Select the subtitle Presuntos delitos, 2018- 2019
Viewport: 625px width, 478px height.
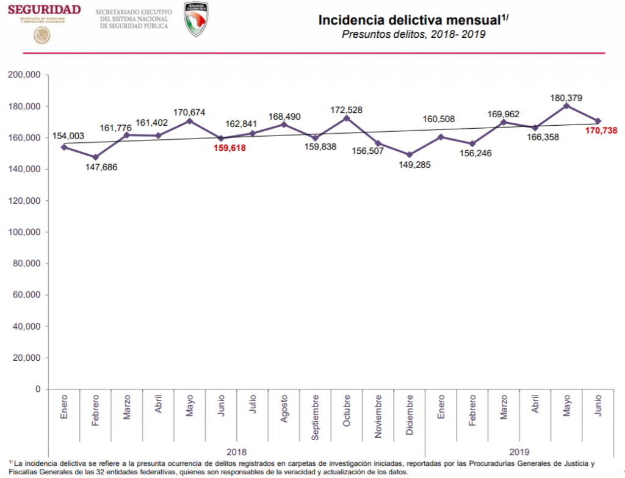click(413, 35)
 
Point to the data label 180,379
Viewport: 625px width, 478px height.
click(566, 97)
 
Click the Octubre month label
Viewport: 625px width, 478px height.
click(347, 413)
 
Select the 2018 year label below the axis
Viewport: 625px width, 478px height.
click(236, 452)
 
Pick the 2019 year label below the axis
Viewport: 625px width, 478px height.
click(519, 452)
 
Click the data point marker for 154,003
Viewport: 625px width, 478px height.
click(64, 147)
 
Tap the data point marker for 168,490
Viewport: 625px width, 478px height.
click(284, 125)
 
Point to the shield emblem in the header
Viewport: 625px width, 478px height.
click(195, 19)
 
